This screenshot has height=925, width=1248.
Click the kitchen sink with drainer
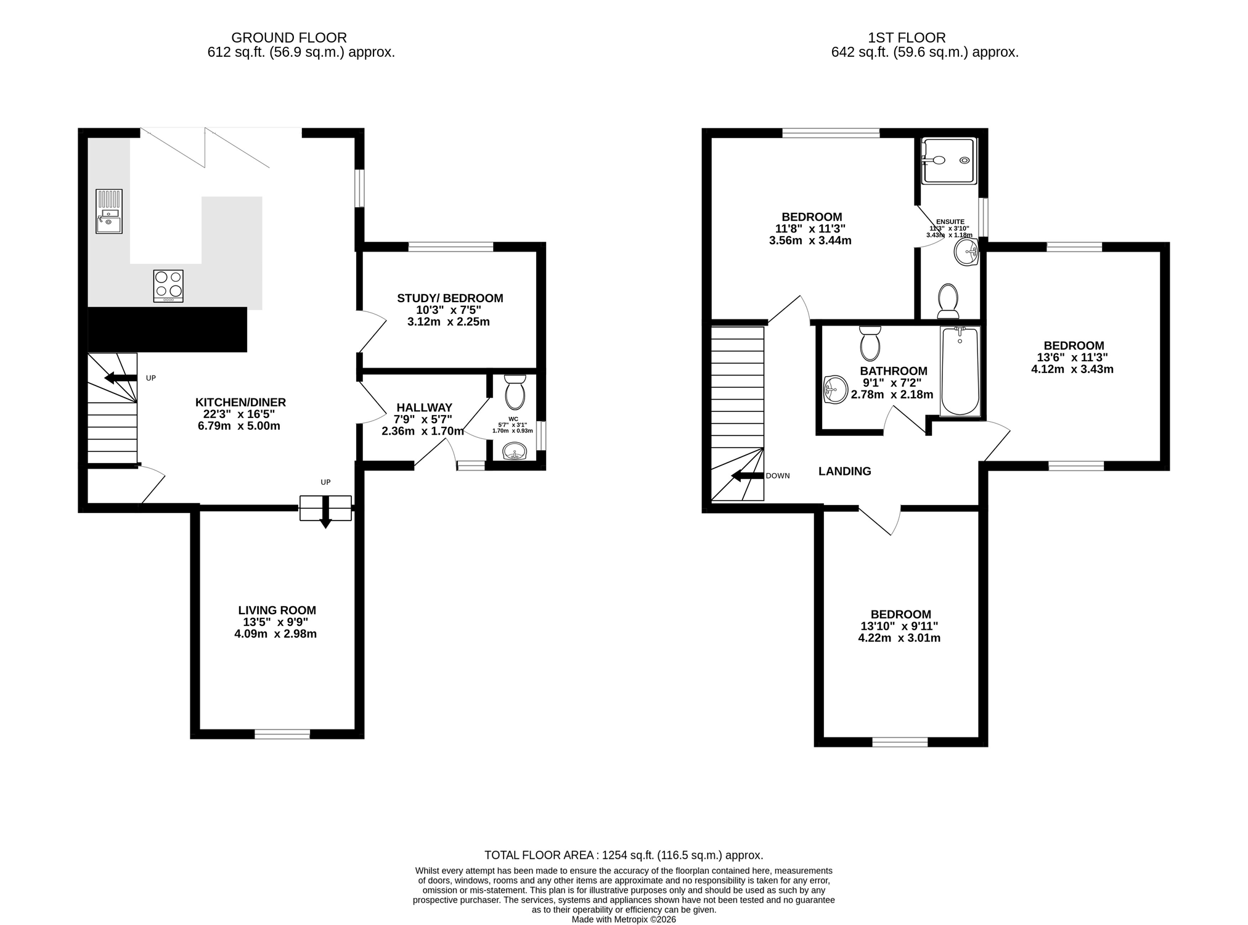[x=109, y=212]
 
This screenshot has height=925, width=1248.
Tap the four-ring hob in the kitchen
[x=168, y=286]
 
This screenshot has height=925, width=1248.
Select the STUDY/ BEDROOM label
[x=450, y=298]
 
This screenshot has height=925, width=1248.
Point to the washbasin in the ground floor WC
[x=515, y=452]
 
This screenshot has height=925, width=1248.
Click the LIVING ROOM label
[x=277, y=610]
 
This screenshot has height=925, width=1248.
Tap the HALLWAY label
[x=424, y=408]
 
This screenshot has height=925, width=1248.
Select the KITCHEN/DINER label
[x=241, y=403]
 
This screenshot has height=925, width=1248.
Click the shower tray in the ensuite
[x=949, y=160]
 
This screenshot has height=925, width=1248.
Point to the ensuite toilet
[x=948, y=301]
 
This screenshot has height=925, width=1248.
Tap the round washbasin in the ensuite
[x=966, y=252]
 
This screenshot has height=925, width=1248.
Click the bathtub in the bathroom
[x=960, y=371]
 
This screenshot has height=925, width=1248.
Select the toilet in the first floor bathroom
[x=870, y=343]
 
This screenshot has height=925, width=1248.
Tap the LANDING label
[x=844, y=472]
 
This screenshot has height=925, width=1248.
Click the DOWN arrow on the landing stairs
[x=748, y=475]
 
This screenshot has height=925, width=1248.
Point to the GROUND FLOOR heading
[x=289, y=38]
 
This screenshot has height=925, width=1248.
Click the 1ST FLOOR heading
[x=907, y=38]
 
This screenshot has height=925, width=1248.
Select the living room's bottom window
[x=282, y=734]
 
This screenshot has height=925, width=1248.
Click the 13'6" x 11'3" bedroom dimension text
[x=1073, y=358]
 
